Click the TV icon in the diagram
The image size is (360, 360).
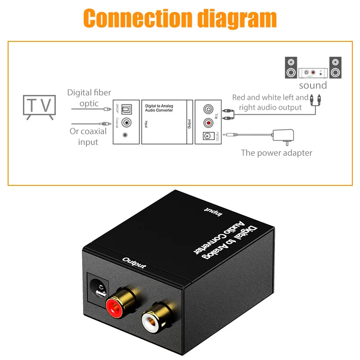(39, 106)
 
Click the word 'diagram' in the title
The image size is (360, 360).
(238, 19)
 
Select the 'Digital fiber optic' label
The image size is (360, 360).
(89, 98)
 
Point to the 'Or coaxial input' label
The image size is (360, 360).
(88, 136)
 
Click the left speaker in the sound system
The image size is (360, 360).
(291, 67)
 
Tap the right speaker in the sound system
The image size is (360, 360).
(335, 67)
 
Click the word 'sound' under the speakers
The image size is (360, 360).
(313, 85)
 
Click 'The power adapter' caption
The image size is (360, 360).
(276, 153)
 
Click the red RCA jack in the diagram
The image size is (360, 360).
(208, 122)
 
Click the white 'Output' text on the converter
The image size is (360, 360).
(134, 263)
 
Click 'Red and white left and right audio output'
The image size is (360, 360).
(270, 102)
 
